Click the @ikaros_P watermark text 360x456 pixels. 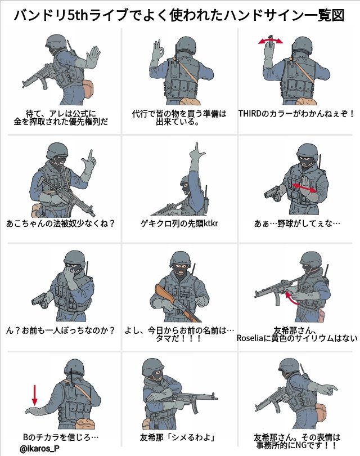(x=39, y=449)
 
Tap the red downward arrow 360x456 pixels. (x=35, y=395)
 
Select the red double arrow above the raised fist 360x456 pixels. (x=271, y=41)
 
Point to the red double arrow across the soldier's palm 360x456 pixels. (x=304, y=187)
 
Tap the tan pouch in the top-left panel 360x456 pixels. (x=89, y=88)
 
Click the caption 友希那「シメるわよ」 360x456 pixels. (x=179, y=437)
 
